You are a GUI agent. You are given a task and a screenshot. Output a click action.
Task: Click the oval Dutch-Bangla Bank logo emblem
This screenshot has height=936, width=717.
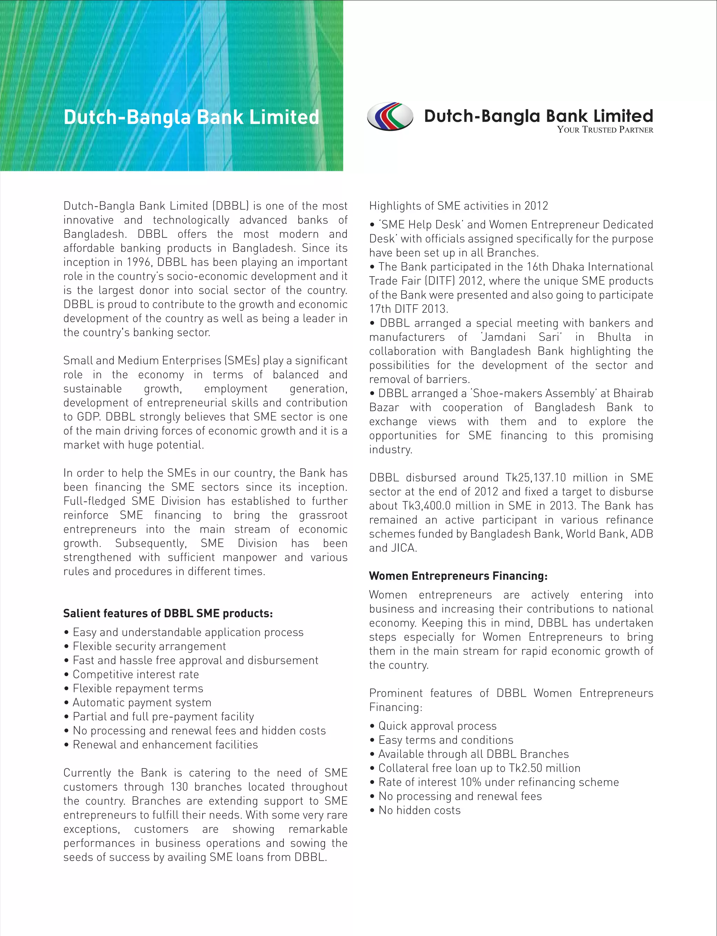pyautogui.click(x=390, y=116)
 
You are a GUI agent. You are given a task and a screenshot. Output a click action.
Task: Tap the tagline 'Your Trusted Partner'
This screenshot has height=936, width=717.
pyautogui.click(x=604, y=130)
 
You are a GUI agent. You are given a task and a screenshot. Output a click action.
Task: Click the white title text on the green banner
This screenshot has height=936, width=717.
pyautogui.click(x=191, y=117)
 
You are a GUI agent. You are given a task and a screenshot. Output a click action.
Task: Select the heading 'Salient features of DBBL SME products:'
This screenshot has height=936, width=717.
pyautogui.click(x=168, y=614)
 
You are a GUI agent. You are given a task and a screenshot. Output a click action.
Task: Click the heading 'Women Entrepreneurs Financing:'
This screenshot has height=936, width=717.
pyautogui.click(x=458, y=576)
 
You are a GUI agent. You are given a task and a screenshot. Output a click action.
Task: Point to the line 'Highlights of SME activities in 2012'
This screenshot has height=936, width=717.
pyautogui.click(x=458, y=206)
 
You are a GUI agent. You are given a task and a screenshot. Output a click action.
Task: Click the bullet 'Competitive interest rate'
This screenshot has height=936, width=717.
pyautogui.click(x=135, y=675)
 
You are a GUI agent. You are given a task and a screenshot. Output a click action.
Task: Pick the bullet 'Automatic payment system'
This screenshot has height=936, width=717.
pyautogui.click(x=142, y=703)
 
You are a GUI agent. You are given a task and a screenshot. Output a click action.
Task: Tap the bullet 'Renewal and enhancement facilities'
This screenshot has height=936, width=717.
pyautogui.click(x=165, y=745)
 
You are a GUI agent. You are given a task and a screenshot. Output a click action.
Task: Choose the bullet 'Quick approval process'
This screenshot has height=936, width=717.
pyautogui.click(x=437, y=726)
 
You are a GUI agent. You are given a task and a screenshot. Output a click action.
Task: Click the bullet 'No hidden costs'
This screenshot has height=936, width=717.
pyautogui.click(x=419, y=811)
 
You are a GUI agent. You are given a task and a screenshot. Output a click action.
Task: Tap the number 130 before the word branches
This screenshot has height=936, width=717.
pyautogui.click(x=179, y=787)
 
